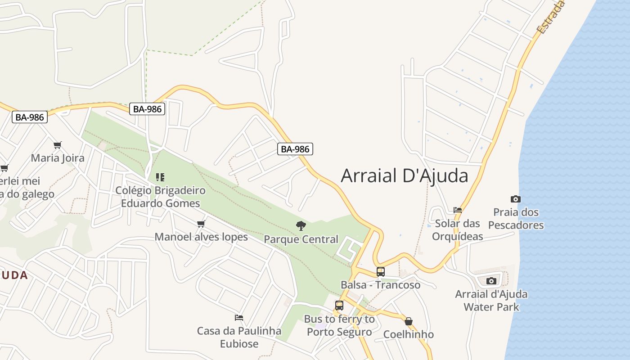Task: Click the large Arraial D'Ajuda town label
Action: [404, 175]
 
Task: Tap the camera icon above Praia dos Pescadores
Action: [516, 199]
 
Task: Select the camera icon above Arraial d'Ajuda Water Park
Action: [491, 281]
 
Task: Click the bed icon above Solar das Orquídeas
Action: [458, 210]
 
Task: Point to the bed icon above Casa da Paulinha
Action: [239, 318]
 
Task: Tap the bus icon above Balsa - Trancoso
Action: [381, 272]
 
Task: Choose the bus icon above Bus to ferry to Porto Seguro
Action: [339, 306]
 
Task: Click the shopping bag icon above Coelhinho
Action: [409, 321]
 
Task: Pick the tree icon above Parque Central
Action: [301, 226]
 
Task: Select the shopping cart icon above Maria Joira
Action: [57, 145]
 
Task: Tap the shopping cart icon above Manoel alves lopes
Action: [201, 224]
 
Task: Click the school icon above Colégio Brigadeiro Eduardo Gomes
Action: [160, 177]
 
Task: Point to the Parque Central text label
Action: [301, 239]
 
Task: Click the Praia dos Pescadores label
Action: [516, 219]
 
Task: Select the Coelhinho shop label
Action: [409, 334]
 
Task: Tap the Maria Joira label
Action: [58, 158]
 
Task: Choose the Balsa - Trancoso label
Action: [381, 285]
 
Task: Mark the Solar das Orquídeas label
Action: [458, 230]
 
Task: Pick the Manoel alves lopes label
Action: [201, 237]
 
